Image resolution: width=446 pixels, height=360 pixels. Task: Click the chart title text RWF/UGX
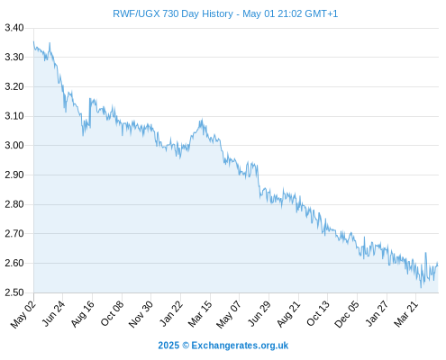coord(136,13)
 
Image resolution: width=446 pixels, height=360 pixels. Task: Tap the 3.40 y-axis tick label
coord(14,28)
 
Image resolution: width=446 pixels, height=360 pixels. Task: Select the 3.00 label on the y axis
coord(14,145)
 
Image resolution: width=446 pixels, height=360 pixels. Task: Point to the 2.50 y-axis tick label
coord(14,292)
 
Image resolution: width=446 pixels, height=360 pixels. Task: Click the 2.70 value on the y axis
coord(14,233)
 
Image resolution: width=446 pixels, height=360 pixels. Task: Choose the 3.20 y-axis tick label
coord(14,86)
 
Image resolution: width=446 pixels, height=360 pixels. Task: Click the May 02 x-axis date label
coord(23,314)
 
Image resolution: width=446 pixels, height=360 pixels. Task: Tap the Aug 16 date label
coord(83,313)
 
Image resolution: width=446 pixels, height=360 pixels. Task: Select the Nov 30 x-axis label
coord(141,314)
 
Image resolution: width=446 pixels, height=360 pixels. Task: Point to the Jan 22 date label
coord(171,313)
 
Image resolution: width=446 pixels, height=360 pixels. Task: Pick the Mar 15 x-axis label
coord(200,313)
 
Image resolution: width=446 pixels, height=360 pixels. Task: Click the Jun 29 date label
coord(259,313)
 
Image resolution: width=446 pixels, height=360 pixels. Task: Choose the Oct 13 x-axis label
coord(318,313)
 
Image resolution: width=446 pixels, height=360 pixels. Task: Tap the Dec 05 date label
coord(347,314)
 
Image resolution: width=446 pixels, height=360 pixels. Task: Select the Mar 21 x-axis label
coord(406,313)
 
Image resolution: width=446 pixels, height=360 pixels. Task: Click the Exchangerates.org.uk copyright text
coord(240,346)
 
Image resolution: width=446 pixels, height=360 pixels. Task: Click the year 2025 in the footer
coord(168,346)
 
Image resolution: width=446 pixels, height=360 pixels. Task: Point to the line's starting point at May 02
coord(33,41)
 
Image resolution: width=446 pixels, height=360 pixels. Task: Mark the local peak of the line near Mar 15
coord(202,119)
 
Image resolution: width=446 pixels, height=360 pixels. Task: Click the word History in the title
coord(217,13)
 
